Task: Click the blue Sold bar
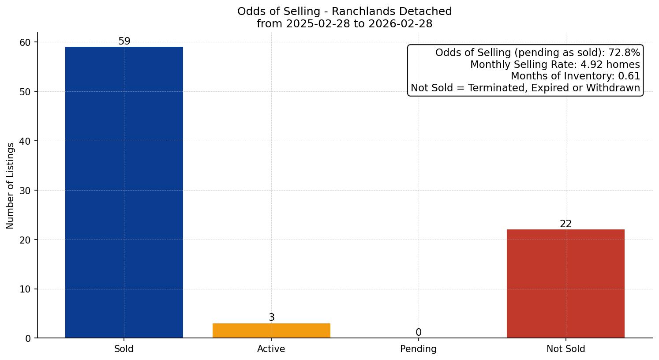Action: point(124,192)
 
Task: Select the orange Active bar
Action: point(271,331)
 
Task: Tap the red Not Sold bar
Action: point(565,284)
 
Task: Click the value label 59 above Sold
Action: point(124,41)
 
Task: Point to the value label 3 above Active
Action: point(271,318)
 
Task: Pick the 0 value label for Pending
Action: point(418,333)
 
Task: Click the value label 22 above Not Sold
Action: point(565,224)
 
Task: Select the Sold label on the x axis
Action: point(124,349)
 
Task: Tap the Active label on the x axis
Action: point(271,349)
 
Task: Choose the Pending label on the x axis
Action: point(418,349)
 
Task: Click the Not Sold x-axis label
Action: point(565,349)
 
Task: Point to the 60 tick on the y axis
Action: point(25,42)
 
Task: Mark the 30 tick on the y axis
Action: point(25,191)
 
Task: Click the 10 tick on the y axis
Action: point(25,289)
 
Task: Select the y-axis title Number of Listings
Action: point(11,186)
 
